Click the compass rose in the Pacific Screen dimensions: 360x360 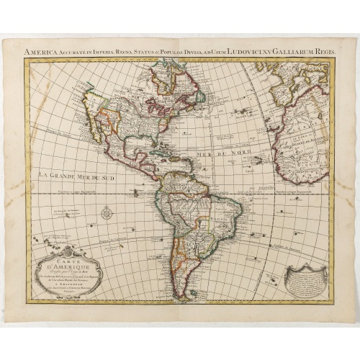(107, 212)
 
